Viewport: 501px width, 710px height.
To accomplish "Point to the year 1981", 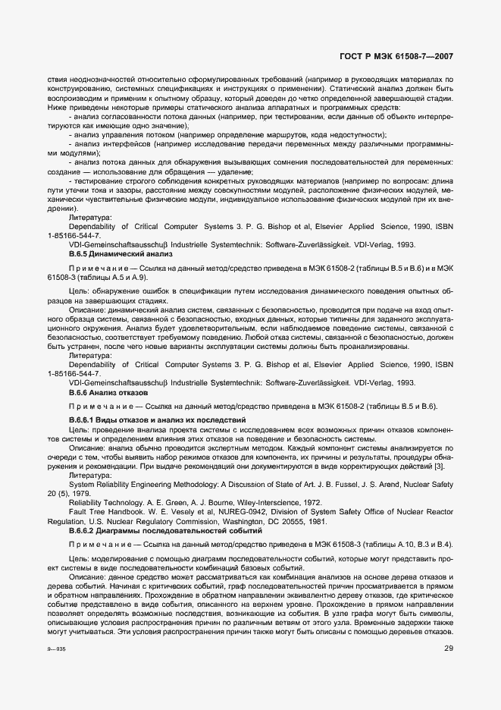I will pos(338,522).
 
